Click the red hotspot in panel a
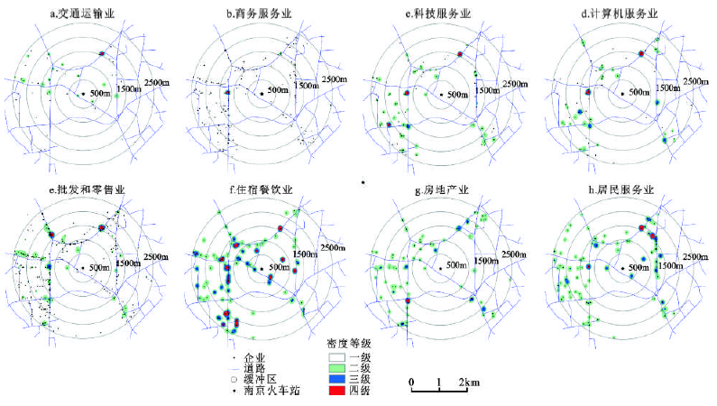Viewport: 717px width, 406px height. tap(102, 54)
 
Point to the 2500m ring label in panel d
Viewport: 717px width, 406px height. tap(697, 81)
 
